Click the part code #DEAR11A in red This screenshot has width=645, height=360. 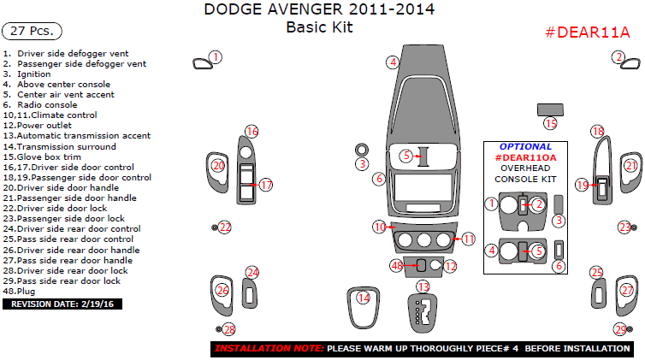point(588,32)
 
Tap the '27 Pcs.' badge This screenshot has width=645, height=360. point(32,31)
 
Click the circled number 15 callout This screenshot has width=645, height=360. point(550,124)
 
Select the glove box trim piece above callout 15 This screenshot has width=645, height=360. point(550,109)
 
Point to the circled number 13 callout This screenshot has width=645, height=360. point(422,286)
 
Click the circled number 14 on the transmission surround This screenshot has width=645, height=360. point(364,298)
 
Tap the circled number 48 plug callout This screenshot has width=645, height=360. point(397,266)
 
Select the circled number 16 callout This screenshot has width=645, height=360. point(251,131)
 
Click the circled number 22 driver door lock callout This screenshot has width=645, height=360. point(225,227)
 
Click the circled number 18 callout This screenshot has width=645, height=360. point(598,131)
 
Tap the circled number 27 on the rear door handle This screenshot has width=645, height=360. point(627,291)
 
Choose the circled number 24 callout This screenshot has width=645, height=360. point(251,273)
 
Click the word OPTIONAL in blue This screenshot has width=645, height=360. point(525,146)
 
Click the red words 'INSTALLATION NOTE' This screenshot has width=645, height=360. point(269,349)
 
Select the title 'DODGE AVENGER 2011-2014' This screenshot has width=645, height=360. point(318,10)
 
